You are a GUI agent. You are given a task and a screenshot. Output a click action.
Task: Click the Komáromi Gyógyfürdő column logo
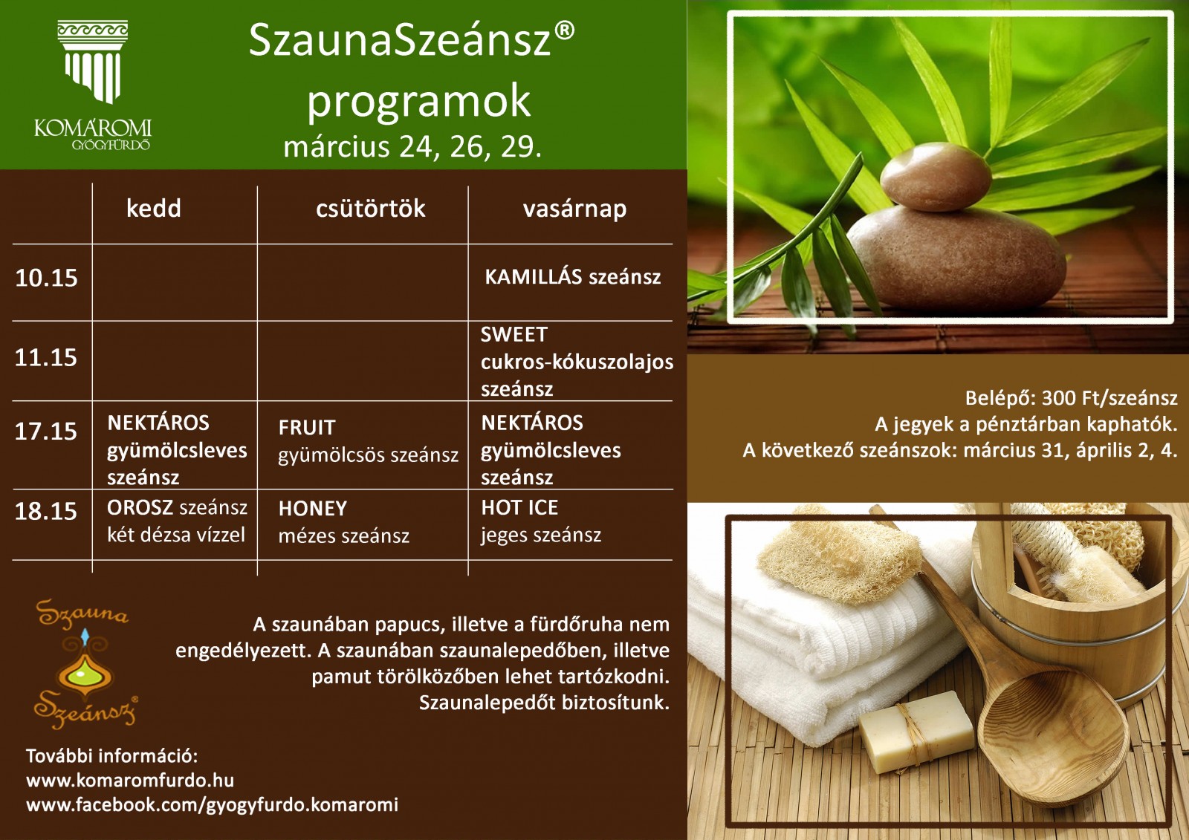[93, 85]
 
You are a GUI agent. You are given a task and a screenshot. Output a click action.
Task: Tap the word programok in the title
[419, 102]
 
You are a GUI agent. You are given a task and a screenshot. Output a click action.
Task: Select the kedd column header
[153, 209]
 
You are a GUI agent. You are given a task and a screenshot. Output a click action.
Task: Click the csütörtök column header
[371, 209]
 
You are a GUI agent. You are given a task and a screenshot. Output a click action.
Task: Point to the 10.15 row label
[46, 278]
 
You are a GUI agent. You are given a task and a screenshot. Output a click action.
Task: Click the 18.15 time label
[46, 512]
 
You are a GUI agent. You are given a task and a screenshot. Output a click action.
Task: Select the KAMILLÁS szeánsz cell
[573, 276]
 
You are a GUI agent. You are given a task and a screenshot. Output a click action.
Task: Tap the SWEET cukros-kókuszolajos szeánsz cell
[577, 362]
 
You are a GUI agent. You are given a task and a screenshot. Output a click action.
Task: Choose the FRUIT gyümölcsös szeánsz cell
[368, 441]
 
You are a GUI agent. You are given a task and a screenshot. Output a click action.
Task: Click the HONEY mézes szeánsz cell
[343, 522]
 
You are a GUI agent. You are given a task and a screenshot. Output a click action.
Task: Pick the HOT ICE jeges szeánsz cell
[541, 521]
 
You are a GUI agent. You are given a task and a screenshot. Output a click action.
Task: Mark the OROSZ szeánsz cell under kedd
[177, 521]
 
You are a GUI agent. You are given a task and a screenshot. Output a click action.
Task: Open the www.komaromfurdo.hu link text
[130, 781]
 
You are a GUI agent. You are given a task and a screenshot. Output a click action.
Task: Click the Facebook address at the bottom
[213, 805]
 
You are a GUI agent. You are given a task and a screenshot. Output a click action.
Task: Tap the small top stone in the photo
[936, 177]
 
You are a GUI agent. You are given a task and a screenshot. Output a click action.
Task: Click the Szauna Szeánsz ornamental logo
[85, 665]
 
